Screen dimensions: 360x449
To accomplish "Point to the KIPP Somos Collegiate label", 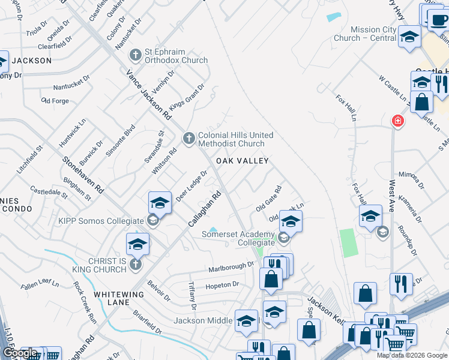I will [x=101, y=221].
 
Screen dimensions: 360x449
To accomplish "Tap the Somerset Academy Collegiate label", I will [x=238, y=238].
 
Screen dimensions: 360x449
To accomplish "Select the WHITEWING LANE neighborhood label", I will [x=119, y=298].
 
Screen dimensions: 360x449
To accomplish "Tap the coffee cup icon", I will [x=438, y=20].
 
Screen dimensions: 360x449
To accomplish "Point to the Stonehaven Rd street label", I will [x=83, y=175].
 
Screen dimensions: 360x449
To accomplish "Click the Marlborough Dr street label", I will [x=231, y=266].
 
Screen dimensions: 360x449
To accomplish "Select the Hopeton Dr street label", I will [x=222, y=285].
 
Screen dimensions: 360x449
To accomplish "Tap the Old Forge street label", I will [x=55, y=101].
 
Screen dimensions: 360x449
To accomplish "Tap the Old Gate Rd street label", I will [x=268, y=198].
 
